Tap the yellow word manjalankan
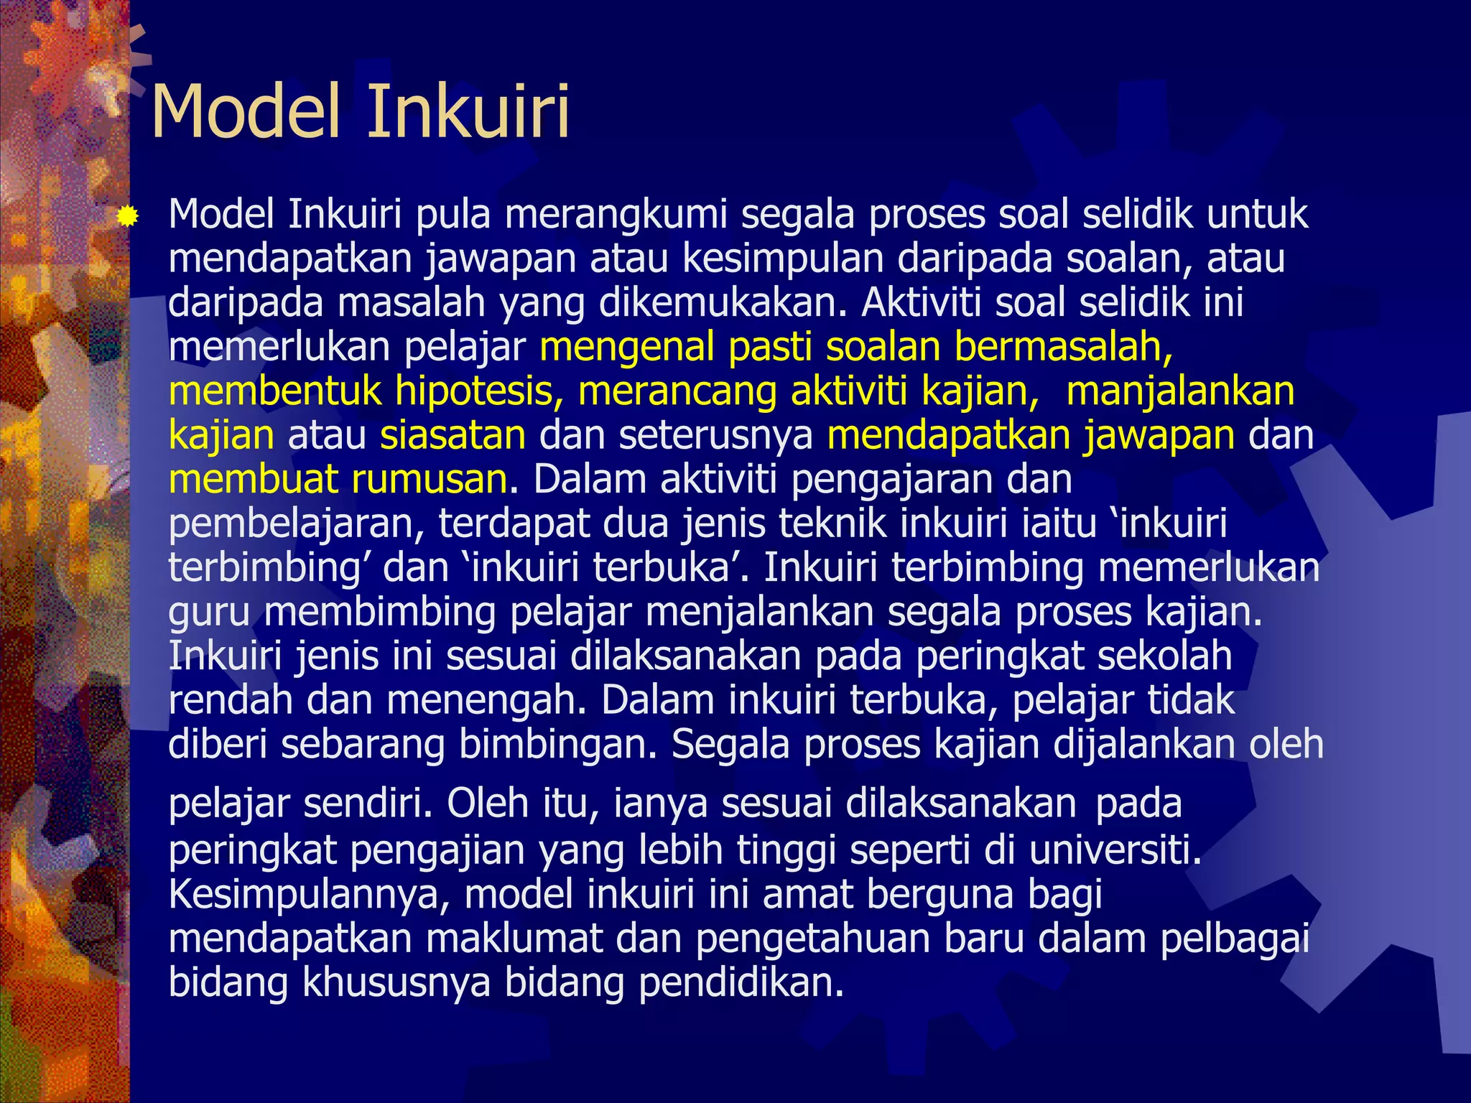1180,391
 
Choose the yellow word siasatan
453,435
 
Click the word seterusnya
716,435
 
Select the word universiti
1115,850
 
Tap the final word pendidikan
741,982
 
